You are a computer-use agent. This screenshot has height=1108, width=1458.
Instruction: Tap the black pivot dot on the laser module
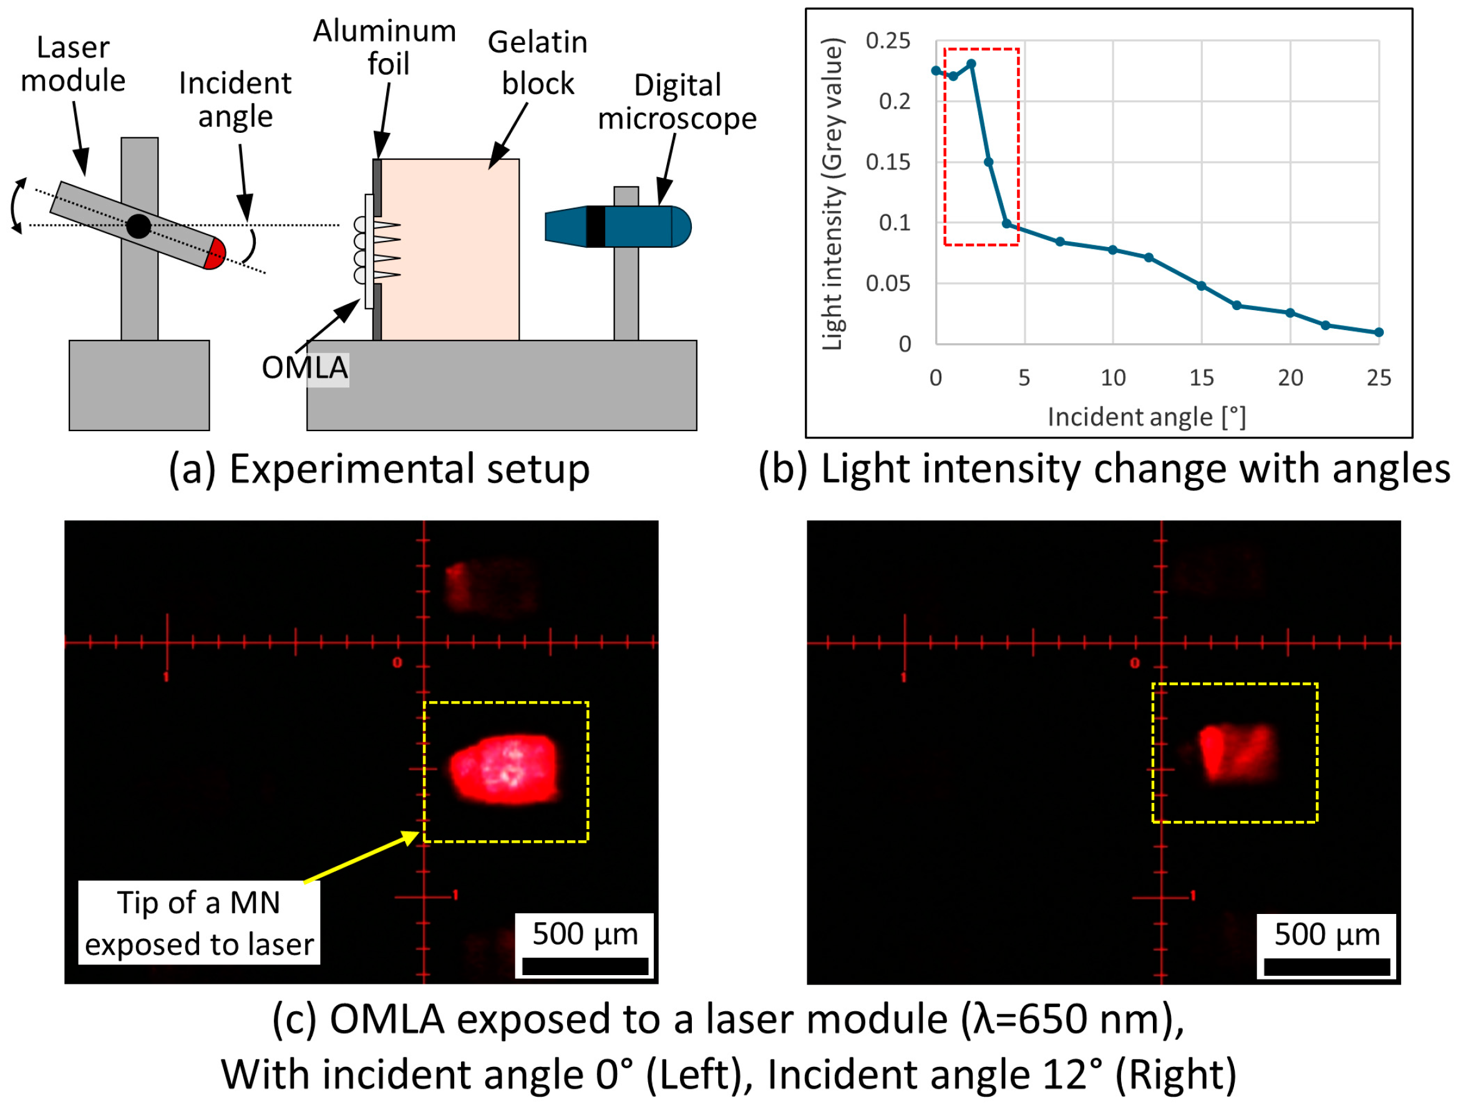(139, 226)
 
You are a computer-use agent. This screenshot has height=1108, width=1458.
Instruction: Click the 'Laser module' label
(72, 64)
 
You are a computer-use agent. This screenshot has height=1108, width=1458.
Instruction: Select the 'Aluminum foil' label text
(384, 47)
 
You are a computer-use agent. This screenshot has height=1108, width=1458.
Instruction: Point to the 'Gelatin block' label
(537, 62)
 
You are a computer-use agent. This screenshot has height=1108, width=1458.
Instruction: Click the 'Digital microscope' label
(678, 102)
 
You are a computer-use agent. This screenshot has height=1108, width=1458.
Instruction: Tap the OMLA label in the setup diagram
(304, 367)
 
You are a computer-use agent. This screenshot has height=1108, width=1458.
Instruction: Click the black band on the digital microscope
(595, 226)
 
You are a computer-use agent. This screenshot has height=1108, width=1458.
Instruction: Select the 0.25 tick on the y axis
(888, 41)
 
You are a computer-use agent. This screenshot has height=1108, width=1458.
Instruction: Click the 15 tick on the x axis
(1202, 378)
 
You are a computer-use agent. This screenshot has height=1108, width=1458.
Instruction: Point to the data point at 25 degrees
(1379, 333)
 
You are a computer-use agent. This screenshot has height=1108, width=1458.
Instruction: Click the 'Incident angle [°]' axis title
(1147, 417)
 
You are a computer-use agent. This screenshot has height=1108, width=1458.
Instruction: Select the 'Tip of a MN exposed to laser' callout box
(199, 923)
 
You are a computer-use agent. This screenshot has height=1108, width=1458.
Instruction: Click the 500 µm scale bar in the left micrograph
(585, 966)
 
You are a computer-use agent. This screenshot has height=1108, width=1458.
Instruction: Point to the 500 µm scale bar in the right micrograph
(1327, 967)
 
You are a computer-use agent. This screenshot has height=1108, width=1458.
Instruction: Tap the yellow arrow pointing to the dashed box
(361, 857)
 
